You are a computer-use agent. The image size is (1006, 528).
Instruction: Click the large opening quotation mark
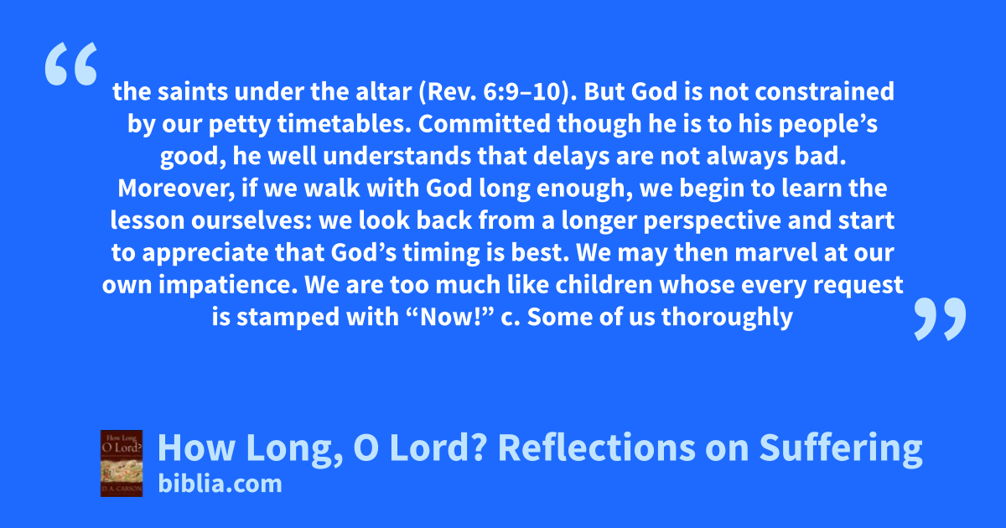pos(71,64)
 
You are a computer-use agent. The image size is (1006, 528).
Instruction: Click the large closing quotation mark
pos(940,318)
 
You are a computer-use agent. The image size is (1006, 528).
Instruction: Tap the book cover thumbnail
pos(122,463)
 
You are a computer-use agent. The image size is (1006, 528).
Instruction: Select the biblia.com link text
pos(220,484)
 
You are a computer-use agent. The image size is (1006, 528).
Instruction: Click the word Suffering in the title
pos(841,448)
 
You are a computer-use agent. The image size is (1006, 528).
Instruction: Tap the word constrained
pos(825,91)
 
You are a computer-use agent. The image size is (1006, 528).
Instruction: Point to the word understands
pos(397,156)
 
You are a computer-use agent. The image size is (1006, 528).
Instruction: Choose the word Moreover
pos(176,189)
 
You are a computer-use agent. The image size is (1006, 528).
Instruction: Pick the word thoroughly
pos(727,318)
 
